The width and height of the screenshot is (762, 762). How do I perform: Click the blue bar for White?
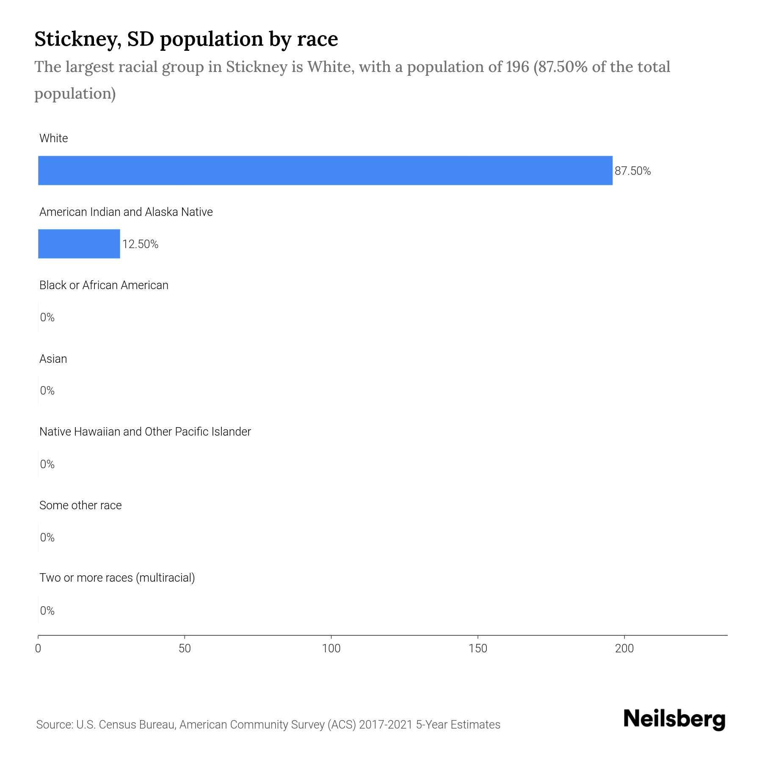coord(325,171)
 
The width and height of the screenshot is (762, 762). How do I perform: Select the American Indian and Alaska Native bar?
coord(79,244)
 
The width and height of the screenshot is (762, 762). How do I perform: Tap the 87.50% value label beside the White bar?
coord(632,171)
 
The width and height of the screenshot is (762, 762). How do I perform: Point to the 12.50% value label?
coord(140,244)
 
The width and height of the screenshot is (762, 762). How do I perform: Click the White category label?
coord(54,138)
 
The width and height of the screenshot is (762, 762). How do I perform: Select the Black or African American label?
coord(104,285)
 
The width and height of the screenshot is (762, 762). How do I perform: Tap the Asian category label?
coord(53,359)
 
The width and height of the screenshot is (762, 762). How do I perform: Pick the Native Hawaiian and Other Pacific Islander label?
coord(145,432)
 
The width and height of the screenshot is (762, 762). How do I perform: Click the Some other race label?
coord(80,505)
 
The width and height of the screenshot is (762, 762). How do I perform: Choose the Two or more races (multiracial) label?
coord(117,578)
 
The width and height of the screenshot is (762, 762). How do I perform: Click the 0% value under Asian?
coord(47,391)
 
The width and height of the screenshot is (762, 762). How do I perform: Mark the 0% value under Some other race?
coord(47,538)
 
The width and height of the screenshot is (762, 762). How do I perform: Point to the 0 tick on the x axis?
coord(38,649)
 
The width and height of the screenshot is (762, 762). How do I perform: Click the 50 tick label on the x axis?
coord(185,649)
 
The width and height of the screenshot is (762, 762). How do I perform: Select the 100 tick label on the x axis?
coord(331,649)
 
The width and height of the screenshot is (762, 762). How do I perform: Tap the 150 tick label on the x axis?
coord(478,649)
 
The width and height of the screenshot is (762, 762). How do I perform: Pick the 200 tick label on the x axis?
coord(624,649)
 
